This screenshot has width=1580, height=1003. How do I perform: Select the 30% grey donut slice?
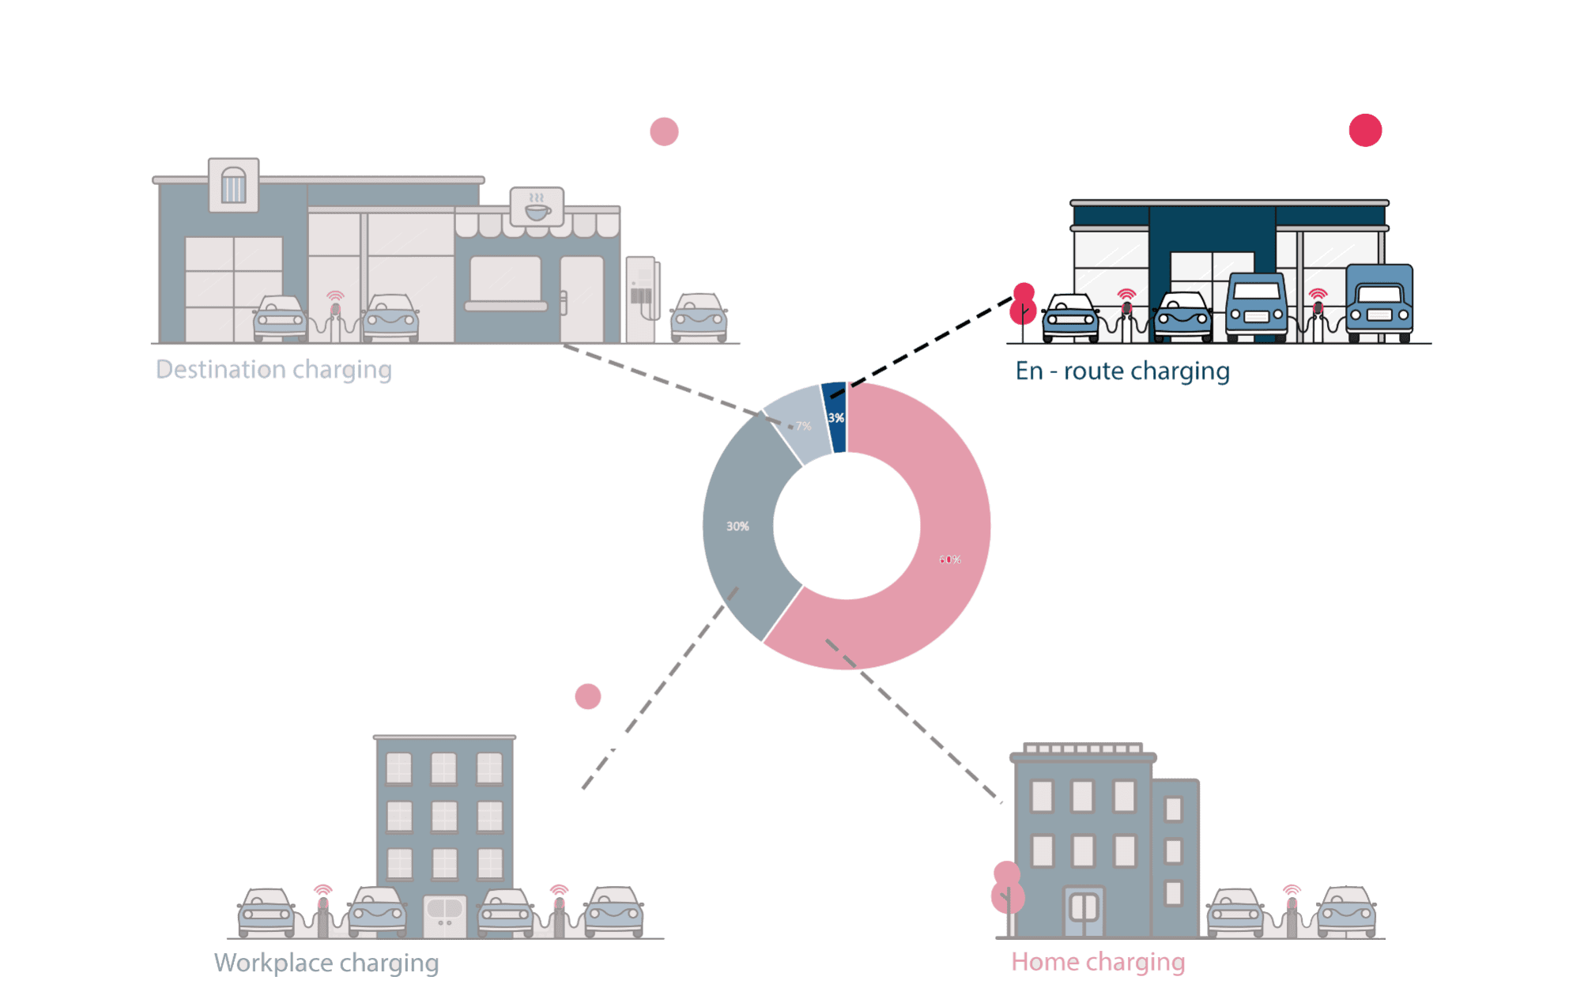click(x=739, y=526)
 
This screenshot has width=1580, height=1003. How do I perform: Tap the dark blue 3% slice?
click(x=835, y=417)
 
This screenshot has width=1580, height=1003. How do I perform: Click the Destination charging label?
click(x=273, y=370)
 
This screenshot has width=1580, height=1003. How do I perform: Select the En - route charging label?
click(x=1122, y=371)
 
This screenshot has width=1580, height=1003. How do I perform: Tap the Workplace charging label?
click(x=326, y=963)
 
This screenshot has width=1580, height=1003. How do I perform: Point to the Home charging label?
click(x=1098, y=962)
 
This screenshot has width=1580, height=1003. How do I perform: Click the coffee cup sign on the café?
click(x=537, y=207)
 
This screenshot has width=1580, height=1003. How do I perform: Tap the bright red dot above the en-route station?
click(x=1365, y=130)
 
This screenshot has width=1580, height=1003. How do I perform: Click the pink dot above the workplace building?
click(x=587, y=696)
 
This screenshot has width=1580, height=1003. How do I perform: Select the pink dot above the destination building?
click(x=664, y=131)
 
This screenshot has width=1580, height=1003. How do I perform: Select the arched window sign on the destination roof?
click(x=233, y=185)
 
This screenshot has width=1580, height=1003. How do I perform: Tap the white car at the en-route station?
click(x=1070, y=318)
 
